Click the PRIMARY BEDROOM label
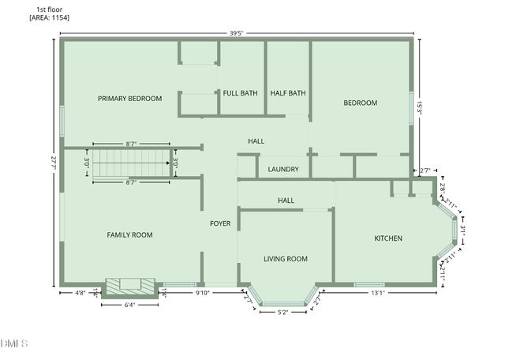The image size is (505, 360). coord(129,99)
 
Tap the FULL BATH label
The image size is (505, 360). coord(240,93)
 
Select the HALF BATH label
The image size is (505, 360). coord(287,93)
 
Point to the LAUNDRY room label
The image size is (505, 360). coord(282,169)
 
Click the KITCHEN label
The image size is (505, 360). coord(388,238)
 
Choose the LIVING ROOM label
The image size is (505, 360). coord(285,259)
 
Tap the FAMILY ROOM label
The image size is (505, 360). coord(129,234)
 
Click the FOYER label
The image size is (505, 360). coord(219,223)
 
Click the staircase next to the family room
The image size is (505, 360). coord(131,163)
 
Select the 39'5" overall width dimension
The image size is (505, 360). coord(237,32)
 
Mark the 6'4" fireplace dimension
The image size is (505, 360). coord(131,304)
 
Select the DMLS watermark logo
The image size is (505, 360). coord(14,343)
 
